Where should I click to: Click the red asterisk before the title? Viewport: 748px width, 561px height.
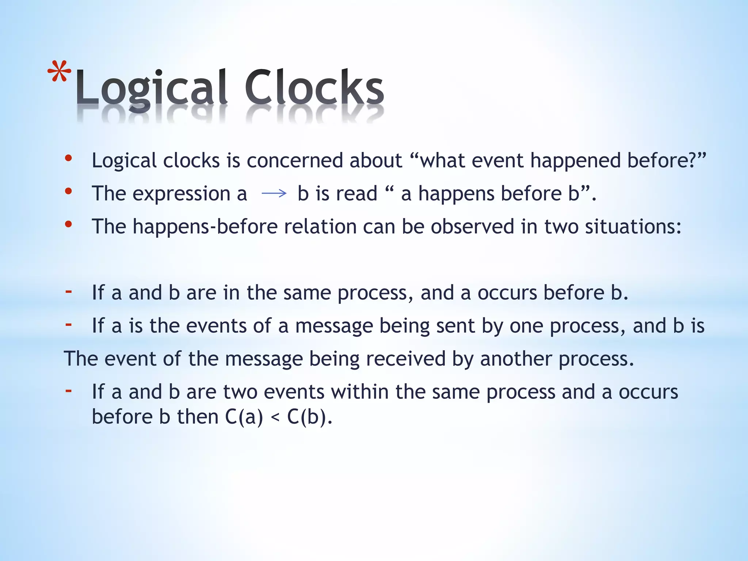pyautogui.click(x=59, y=73)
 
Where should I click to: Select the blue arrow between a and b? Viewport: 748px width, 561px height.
pyautogui.click(x=274, y=194)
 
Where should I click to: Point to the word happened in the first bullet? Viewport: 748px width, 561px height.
pyautogui.click(x=575, y=161)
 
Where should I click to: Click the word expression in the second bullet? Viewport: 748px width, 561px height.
pyautogui.click(x=181, y=194)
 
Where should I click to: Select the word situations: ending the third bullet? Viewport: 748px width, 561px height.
pyautogui.click(x=633, y=227)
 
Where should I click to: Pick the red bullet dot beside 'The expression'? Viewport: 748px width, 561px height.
pyautogui.click(x=68, y=191)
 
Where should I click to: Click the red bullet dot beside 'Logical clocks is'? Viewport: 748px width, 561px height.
pyautogui.click(x=68, y=158)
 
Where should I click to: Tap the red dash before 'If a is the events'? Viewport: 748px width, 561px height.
pyautogui.click(x=68, y=324)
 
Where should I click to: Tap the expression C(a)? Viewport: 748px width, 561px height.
pyautogui.click(x=244, y=417)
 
